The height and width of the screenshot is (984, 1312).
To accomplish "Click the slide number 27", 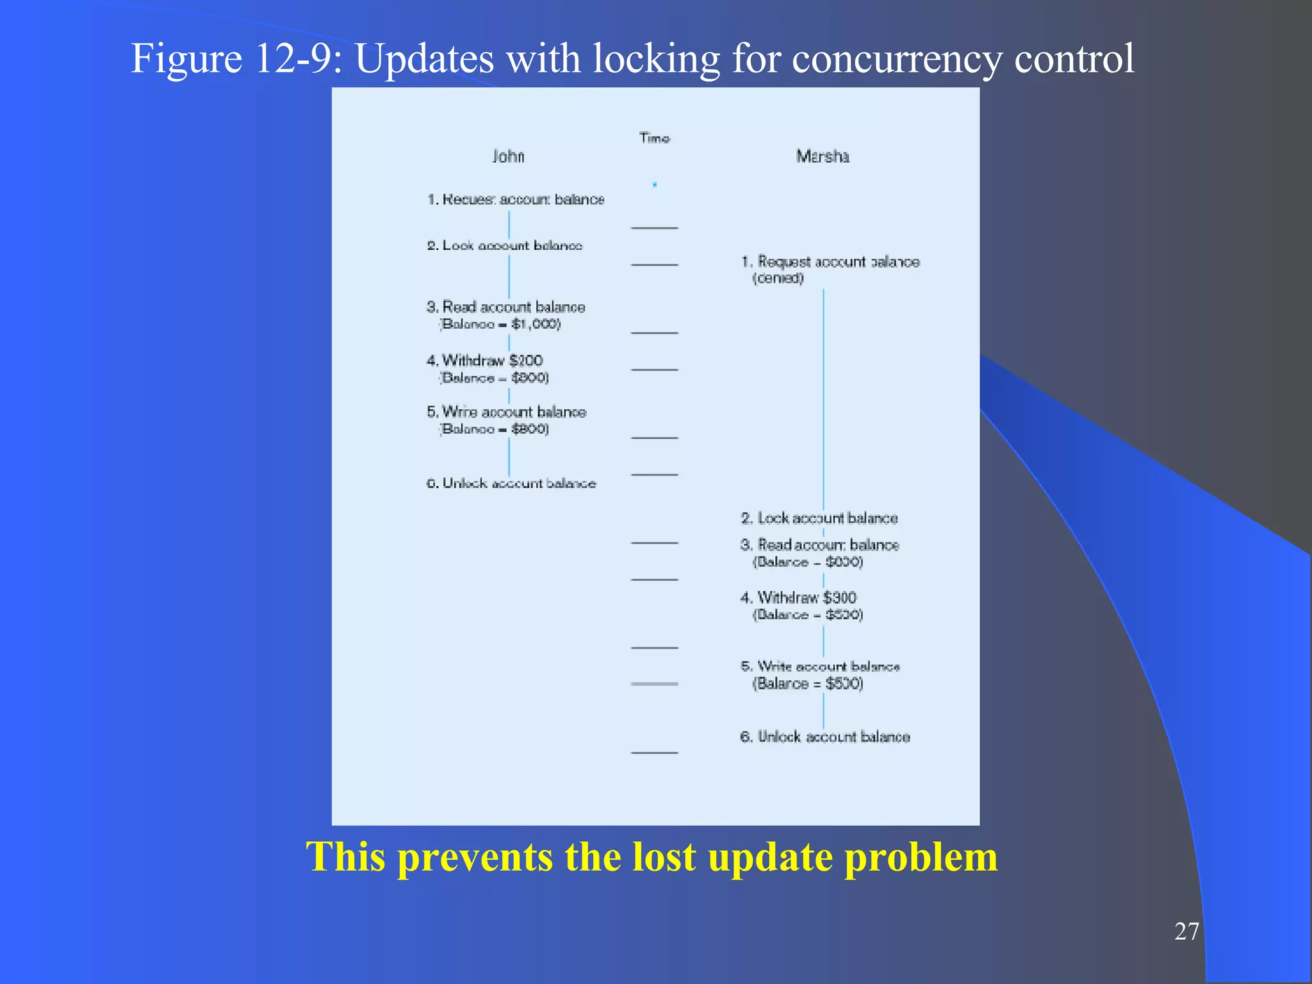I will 1186,931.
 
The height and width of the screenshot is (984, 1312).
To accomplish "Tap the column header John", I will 508,156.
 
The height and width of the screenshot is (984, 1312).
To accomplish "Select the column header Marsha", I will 823,156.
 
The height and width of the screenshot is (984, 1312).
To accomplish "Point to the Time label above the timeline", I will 654,138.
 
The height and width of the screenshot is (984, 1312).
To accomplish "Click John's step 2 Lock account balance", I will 505,245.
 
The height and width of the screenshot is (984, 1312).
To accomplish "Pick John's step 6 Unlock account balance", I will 511,483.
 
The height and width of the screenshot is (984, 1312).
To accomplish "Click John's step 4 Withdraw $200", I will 485,360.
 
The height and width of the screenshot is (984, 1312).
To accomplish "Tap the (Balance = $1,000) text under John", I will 500,324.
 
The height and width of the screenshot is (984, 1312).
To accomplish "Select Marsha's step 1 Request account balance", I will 830,261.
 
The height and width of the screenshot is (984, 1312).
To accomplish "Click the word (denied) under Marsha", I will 778,278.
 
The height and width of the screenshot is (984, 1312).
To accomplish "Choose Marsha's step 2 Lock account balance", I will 819,518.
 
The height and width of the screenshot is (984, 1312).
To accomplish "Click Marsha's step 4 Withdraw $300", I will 798,598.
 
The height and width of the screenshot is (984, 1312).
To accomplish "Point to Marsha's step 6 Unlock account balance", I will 825,737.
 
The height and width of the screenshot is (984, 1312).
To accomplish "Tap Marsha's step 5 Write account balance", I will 820,667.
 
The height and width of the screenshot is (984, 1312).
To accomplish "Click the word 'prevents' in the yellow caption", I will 475,857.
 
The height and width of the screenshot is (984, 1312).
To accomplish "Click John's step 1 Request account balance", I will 516,199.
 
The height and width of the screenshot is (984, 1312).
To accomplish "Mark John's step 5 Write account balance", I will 506,412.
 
